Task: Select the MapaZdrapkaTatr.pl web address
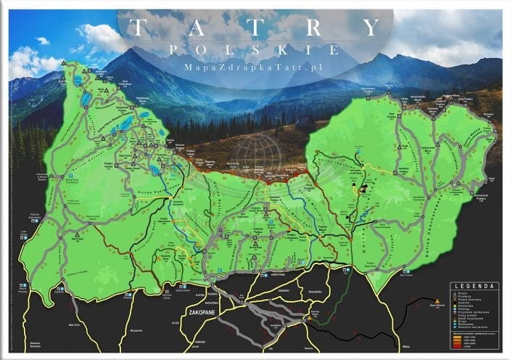(253, 67)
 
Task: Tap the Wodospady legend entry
(464, 324)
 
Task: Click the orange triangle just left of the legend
(437, 300)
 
